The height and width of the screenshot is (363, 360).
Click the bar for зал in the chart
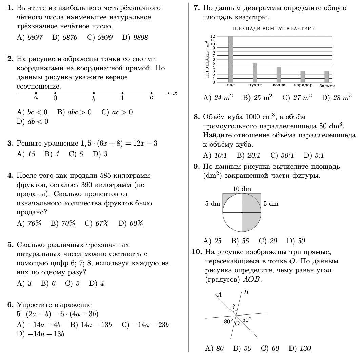(x=231, y=59)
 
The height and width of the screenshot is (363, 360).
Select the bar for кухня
(x=255, y=73)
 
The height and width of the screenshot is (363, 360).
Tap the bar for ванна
(x=279, y=75)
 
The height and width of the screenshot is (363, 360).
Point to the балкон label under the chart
(x=327, y=86)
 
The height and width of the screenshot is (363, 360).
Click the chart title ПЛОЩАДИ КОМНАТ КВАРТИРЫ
(x=274, y=28)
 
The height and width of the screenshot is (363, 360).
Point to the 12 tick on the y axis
(x=212, y=36)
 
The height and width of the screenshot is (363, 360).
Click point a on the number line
(x=36, y=93)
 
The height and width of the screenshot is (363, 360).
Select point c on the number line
(x=151, y=93)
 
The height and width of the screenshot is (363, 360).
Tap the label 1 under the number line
(x=122, y=99)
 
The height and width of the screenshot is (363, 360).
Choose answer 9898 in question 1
(x=140, y=38)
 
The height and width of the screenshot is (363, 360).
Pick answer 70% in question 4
(x=68, y=223)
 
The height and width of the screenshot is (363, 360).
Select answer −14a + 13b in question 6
(x=46, y=334)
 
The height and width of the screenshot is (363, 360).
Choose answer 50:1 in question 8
(x=287, y=156)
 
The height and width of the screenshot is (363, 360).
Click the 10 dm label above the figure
(x=242, y=189)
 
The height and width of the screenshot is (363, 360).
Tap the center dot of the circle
(x=242, y=212)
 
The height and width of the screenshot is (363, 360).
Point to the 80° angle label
(x=228, y=321)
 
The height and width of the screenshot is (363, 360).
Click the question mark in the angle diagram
(x=233, y=306)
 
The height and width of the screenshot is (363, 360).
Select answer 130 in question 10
(x=305, y=348)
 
